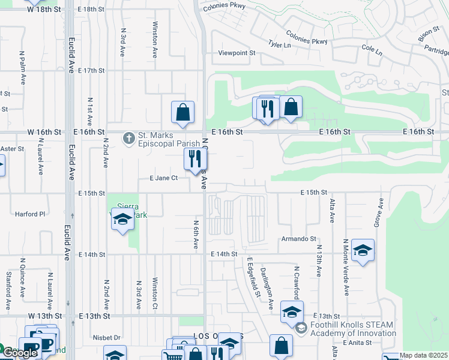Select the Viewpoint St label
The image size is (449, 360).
pos(237,53)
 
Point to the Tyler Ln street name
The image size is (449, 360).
pos(279,44)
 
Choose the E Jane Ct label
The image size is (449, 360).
pos(164,178)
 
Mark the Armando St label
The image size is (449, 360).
pos(298,239)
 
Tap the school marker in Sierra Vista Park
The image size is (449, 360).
pos(122,220)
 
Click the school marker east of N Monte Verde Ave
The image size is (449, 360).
pos(363,251)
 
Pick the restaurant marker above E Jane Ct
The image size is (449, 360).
pos(194,160)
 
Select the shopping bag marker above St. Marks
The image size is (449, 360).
pos(182,112)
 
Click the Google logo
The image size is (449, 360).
pos(19,352)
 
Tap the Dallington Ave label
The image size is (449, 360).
pos(267,288)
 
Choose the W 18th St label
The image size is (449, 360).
pos(45,10)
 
